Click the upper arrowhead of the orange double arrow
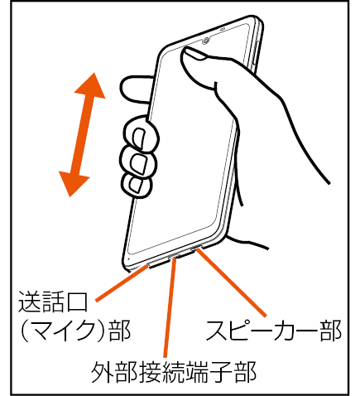(x=91, y=86)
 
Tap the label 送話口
(x=53, y=302)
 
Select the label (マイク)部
(x=75, y=331)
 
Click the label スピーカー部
(x=273, y=331)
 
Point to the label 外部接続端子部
(x=174, y=372)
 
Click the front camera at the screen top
(x=206, y=41)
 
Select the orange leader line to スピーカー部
(x=232, y=283)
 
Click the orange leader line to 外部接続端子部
(x=170, y=307)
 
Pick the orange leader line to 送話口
(x=123, y=283)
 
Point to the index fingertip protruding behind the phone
(x=135, y=89)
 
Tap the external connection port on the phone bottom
(x=174, y=255)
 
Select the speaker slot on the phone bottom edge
(x=196, y=247)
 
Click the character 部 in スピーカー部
(x=330, y=331)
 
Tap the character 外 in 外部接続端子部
(x=103, y=372)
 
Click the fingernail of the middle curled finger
(x=138, y=163)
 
